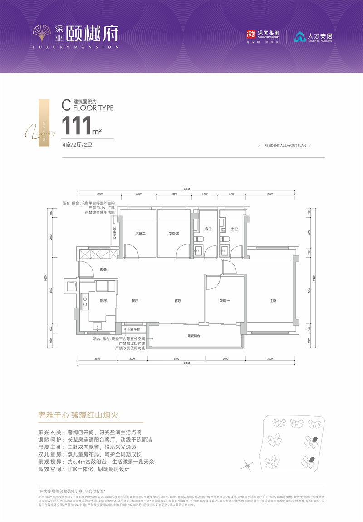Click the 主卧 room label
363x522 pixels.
[x=272, y=300]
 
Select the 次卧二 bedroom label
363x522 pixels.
[x=140, y=234]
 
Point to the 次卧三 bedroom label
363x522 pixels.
[x=174, y=234]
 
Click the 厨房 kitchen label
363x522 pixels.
[x=104, y=300]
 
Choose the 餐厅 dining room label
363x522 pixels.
[x=134, y=300]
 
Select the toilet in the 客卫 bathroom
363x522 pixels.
[x=199, y=239]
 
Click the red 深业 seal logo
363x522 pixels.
[x=251, y=34]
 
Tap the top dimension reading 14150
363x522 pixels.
[x=187, y=189]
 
